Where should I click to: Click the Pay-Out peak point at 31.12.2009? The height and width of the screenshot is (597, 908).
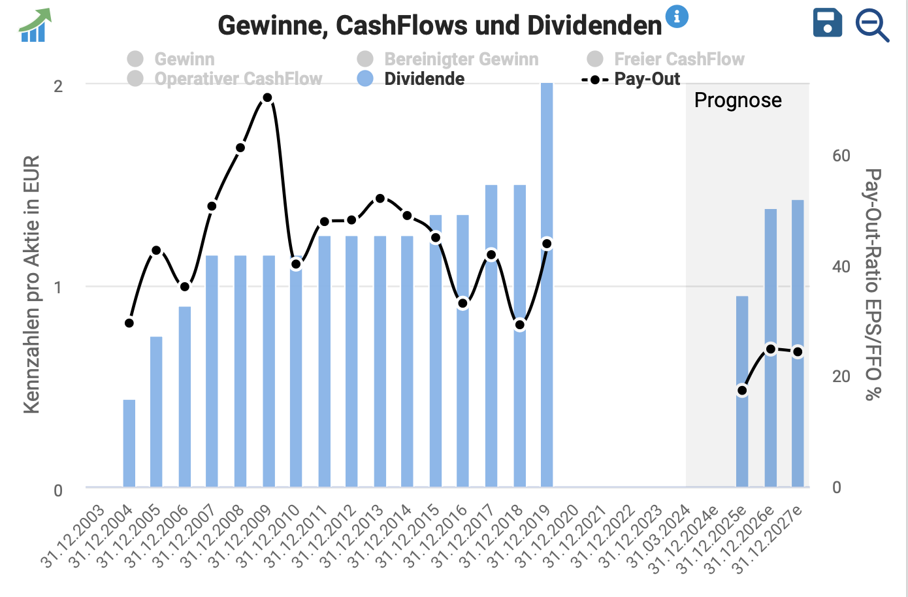click(267, 98)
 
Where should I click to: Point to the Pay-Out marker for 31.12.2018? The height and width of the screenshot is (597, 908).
click(519, 325)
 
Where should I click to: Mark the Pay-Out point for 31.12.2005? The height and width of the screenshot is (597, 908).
click(156, 250)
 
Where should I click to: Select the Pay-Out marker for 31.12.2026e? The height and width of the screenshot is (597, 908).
click(771, 349)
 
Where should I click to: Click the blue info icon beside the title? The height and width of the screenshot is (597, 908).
click(677, 16)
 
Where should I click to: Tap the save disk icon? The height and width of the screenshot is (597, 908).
click(828, 23)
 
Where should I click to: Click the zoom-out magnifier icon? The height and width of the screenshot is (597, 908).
click(872, 26)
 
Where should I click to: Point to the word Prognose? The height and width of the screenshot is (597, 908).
click(738, 100)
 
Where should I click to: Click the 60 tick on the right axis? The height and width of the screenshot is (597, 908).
click(841, 155)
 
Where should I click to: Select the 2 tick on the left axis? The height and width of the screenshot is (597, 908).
click(58, 86)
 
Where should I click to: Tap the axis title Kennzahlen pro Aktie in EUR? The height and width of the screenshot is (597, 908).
click(31, 284)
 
